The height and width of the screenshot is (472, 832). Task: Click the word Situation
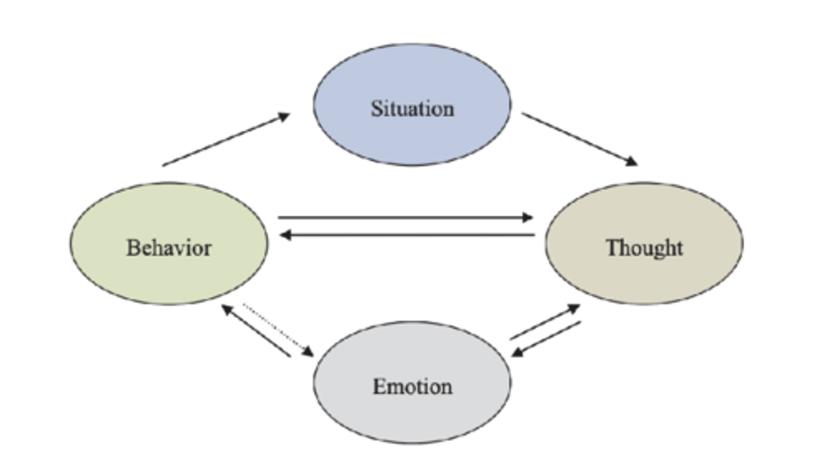412,109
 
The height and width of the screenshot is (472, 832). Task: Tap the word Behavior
169,248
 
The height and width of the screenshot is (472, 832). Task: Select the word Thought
644,248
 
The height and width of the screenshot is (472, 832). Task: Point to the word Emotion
412,386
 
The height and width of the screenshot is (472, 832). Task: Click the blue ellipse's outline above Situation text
412,43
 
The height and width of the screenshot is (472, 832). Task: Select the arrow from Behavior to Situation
225,140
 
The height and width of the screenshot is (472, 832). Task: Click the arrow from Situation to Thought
578,139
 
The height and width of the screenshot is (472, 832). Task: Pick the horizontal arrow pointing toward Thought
404,218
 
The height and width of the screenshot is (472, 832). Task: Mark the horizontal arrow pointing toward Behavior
404,235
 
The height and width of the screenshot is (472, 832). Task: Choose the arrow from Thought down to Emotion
547,339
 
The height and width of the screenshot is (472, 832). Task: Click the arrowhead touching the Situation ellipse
283,117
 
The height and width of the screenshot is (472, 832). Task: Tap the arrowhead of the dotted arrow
307,351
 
